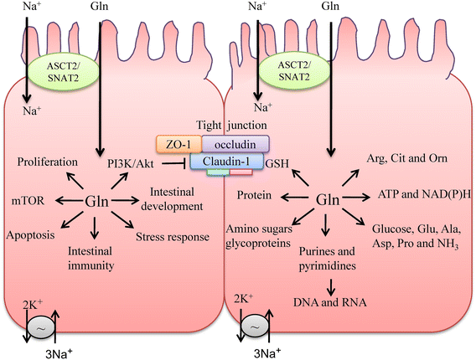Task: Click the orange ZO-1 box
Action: [175, 144]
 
